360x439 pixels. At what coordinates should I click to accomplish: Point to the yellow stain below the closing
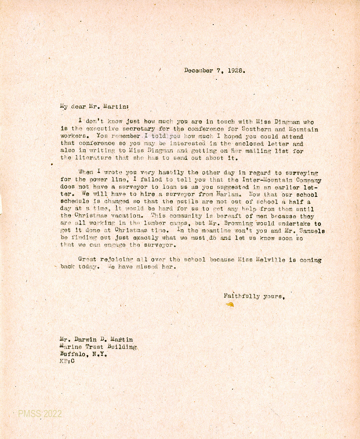[x=230, y=305]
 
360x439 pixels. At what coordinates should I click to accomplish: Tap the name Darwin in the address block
[x=85, y=340]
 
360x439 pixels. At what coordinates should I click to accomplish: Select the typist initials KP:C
[x=67, y=361]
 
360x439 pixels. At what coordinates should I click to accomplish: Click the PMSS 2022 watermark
[x=40, y=414]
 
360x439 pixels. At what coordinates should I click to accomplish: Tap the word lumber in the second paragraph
[x=155, y=224]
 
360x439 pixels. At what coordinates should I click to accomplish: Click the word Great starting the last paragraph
[x=87, y=259]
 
